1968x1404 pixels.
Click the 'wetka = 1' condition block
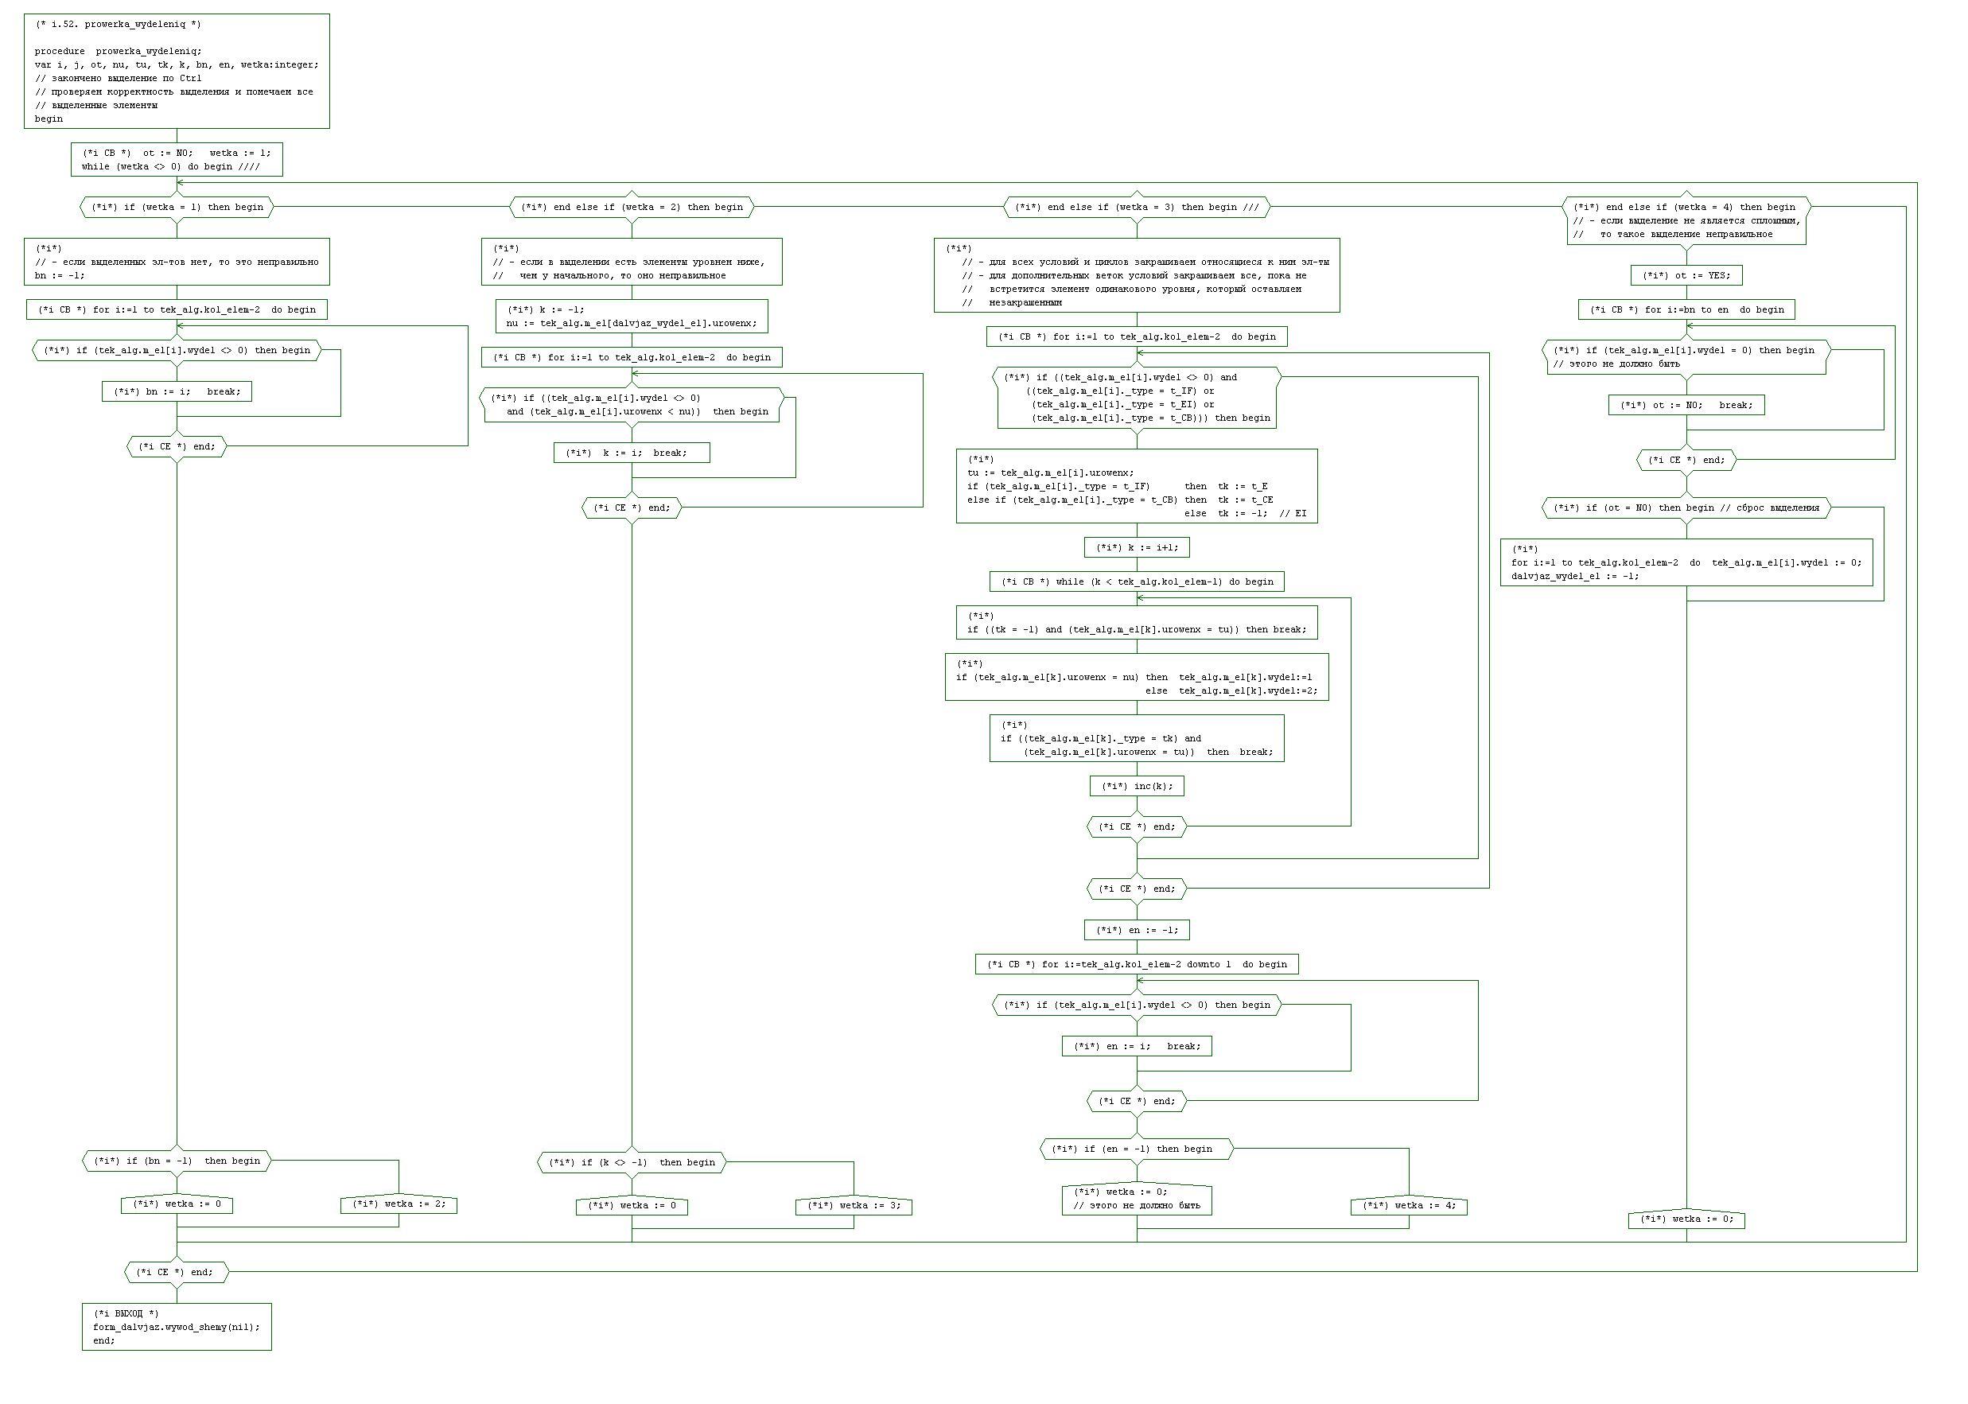pos(177,208)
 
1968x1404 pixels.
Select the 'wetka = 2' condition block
pos(631,208)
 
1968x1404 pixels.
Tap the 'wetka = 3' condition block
pos(1136,208)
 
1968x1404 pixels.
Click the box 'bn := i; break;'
pos(177,391)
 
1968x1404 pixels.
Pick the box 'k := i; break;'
pos(631,453)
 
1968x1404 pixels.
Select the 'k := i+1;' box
pos(1136,547)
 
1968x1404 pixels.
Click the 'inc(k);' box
pos(1136,786)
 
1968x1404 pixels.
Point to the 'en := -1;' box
pos(1136,930)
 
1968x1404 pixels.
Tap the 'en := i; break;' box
pos(1136,1046)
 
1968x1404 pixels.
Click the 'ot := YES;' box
pos(1686,276)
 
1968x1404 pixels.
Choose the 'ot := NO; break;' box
pos(1686,406)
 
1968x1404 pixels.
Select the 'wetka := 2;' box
pos(399,1204)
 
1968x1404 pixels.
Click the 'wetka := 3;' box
pos(853,1206)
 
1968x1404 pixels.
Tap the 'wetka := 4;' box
pos(1408,1206)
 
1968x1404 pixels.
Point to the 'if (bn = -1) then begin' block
pos(177,1161)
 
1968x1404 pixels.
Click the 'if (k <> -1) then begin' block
pos(631,1163)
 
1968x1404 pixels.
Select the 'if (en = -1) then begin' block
pos(1136,1149)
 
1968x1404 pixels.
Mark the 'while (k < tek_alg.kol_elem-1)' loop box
pos(1136,581)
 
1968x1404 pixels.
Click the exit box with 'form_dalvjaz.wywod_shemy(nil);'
pos(177,1327)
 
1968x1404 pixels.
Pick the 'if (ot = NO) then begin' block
pos(1686,508)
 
